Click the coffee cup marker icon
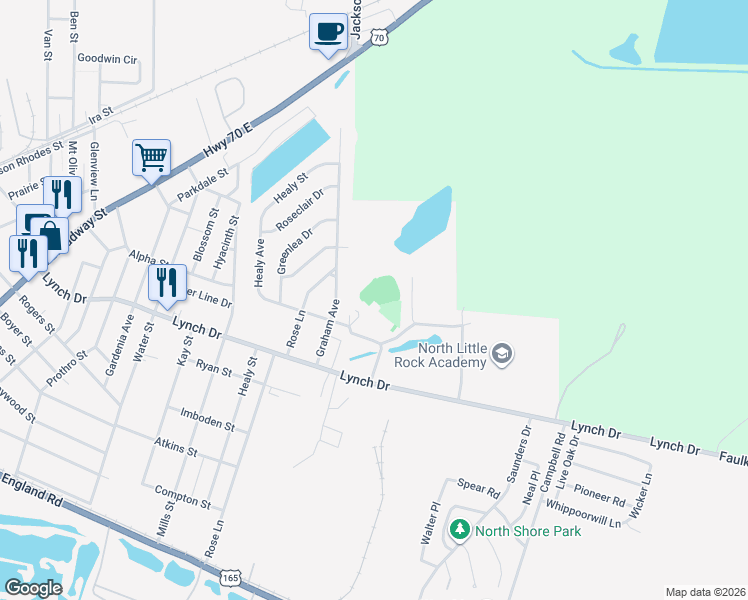328,32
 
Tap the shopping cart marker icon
151,157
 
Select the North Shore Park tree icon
459,530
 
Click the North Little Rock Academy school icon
502,354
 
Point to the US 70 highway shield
378,37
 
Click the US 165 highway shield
231,578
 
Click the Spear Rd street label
480,491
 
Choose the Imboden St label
207,419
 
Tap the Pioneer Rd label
600,493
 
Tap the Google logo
33,588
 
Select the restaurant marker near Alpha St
166,283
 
